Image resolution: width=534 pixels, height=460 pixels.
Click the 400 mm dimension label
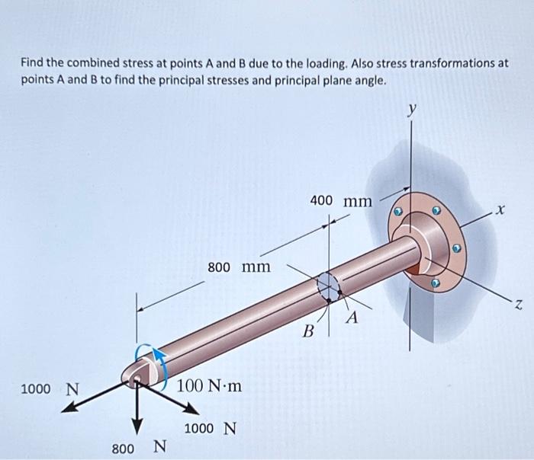341,201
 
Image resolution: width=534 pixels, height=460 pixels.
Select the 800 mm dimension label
240,267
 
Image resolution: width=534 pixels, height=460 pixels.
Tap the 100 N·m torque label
210,386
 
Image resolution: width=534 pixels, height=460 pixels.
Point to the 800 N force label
140,447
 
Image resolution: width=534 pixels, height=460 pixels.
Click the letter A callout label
352,318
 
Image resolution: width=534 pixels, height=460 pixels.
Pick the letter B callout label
308,331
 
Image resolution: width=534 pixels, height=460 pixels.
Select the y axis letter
413,109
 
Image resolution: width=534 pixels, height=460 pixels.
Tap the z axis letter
518,305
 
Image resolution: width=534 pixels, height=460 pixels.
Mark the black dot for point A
339,292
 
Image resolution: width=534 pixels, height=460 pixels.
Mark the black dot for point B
329,301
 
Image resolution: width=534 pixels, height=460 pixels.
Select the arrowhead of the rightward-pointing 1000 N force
191,409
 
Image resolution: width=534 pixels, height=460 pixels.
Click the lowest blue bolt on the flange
434,283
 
